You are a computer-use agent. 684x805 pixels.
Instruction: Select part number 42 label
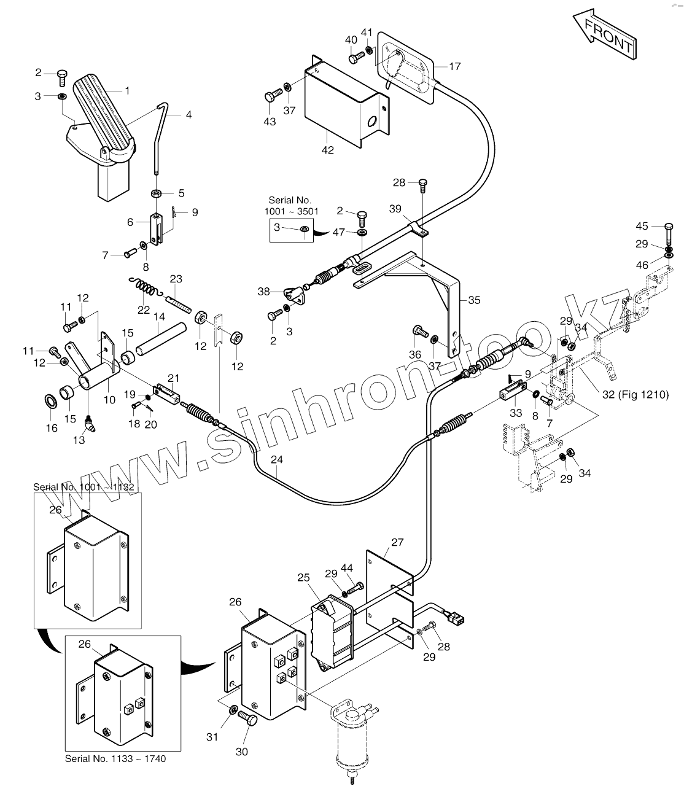coord(328,150)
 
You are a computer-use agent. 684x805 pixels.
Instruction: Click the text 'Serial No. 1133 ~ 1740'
coord(115,758)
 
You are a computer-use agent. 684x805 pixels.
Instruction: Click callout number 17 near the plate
coord(454,66)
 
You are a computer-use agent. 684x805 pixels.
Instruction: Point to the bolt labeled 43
coord(272,97)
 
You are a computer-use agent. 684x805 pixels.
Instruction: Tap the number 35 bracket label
coord(474,300)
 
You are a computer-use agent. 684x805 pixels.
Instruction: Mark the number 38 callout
coord(263,292)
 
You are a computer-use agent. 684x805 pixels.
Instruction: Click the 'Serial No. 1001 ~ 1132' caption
coord(84,487)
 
